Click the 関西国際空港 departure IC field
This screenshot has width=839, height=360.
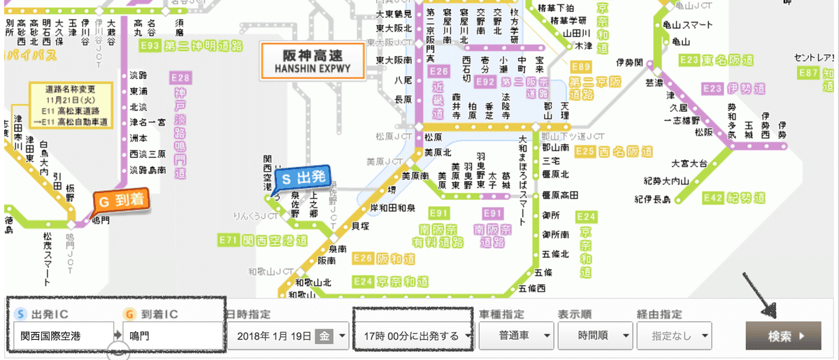coord(63,336)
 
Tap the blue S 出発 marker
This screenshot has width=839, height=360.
coord(301,179)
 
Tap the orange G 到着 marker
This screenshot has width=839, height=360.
coord(122,201)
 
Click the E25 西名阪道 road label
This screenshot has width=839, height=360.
coord(614,152)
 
